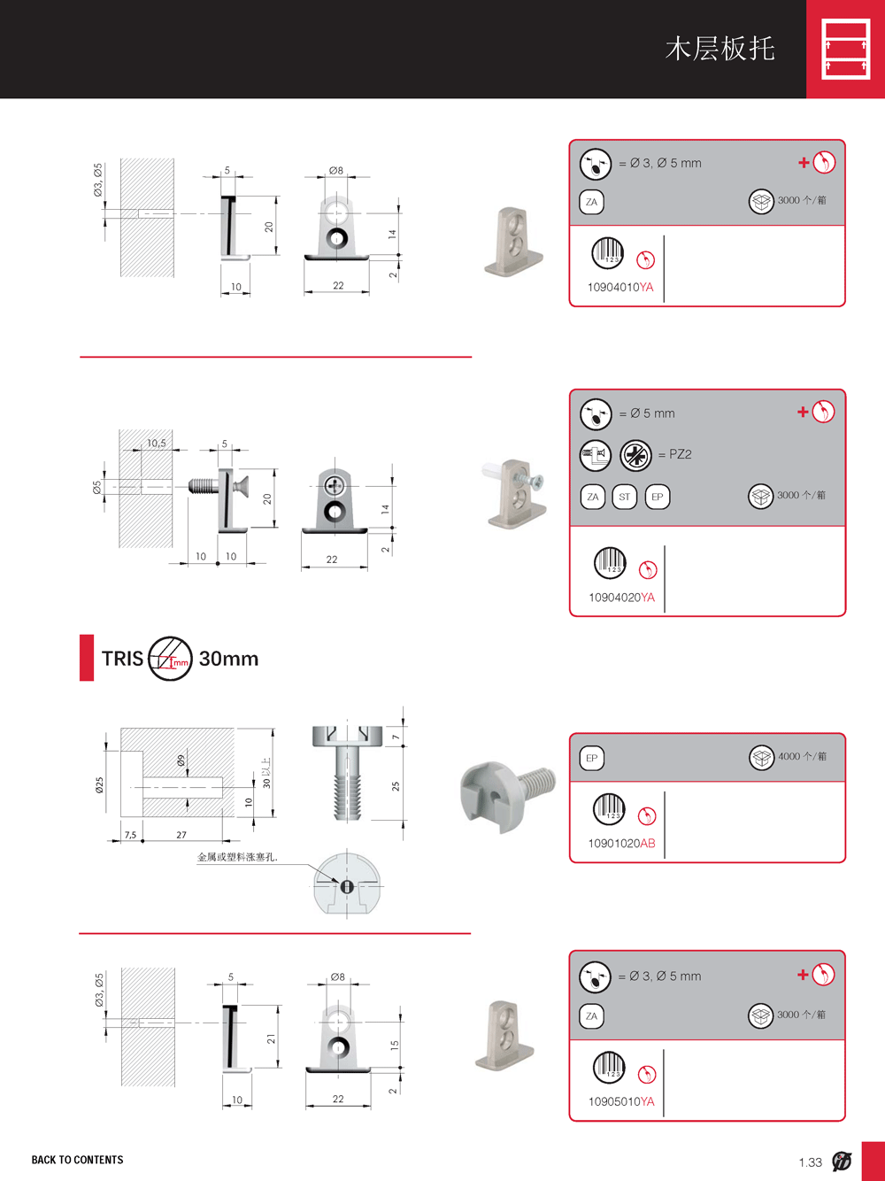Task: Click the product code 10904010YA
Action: tap(619, 288)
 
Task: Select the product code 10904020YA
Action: tap(621, 598)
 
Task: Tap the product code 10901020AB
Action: tap(621, 843)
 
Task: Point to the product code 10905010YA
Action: tap(621, 1101)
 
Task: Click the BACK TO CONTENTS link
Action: tap(77, 1160)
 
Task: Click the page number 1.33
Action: tap(811, 1162)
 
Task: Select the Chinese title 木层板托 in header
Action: tap(720, 49)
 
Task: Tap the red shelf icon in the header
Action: tap(846, 49)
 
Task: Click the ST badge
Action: tap(624, 497)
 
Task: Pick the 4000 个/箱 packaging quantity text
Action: tap(802, 756)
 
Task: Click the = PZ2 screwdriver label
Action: tap(674, 454)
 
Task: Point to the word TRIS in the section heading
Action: tap(123, 659)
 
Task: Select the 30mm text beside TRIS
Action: tap(228, 659)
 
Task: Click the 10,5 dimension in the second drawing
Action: tap(157, 443)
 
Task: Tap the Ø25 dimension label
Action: tap(99, 785)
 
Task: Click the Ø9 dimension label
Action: tap(181, 760)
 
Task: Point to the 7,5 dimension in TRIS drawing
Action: tap(131, 835)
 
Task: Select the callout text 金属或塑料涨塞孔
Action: tap(237, 857)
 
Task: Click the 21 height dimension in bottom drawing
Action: tap(271, 1038)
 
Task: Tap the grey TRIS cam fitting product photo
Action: tap(508, 795)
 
